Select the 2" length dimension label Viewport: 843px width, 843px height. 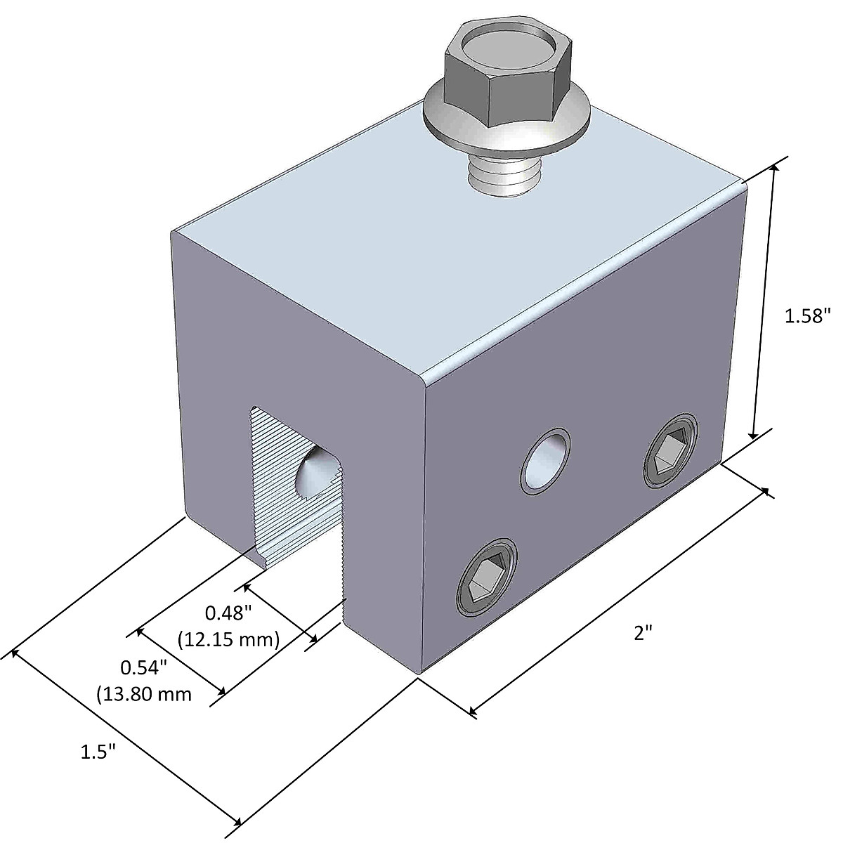coord(643,633)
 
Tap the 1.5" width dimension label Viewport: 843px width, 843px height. coord(98,752)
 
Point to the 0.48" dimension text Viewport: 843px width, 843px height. coord(228,613)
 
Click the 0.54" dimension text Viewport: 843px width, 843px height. coord(143,665)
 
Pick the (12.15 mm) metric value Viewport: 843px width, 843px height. coord(229,640)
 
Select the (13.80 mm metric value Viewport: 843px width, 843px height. coord(144,694)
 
